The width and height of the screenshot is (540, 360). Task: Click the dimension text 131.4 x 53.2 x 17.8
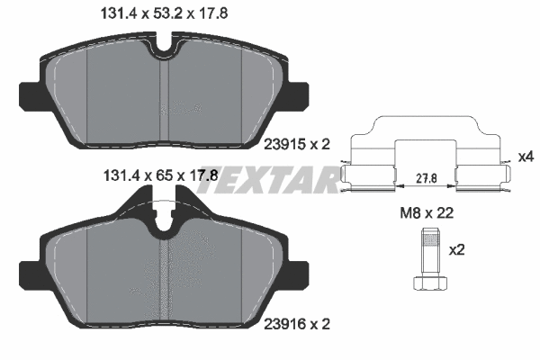(164, 13)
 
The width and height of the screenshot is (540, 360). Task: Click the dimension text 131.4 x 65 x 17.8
(161, 176)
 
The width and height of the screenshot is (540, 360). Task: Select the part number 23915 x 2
(297, 144)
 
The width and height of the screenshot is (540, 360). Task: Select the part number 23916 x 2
(297, 324)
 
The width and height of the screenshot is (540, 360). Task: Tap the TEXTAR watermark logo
(267, 179)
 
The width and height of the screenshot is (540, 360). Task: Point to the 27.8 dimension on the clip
(427, 178)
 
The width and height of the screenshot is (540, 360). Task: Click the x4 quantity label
(526, 157)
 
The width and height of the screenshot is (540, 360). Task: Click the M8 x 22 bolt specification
(427, 213)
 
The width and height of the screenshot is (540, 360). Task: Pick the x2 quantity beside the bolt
(456, 250)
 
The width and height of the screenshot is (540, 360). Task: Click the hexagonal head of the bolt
(430, 282)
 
